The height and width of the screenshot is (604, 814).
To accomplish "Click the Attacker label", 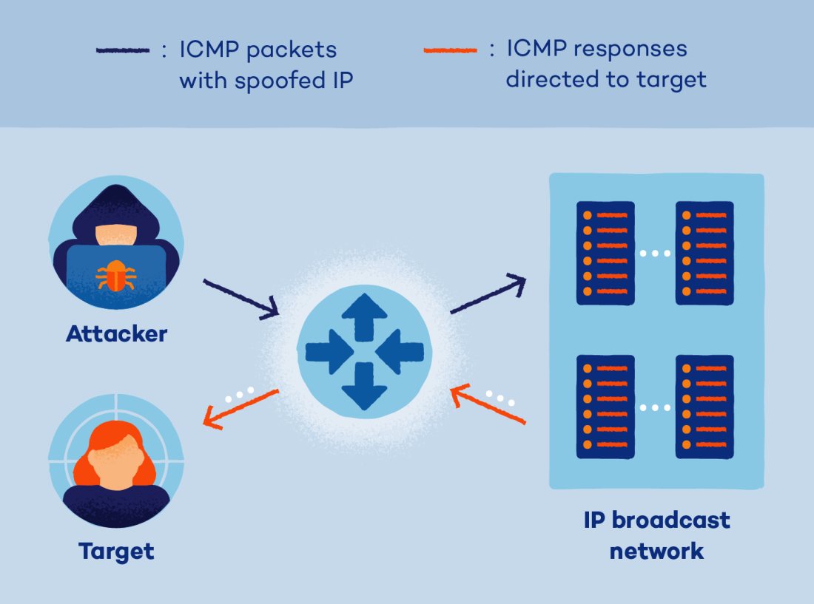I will pos(116,333).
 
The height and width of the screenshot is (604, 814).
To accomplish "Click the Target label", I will pos(116,551).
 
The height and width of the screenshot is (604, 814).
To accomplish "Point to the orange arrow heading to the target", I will pos(240,409).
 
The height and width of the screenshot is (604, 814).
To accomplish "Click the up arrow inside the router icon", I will pos(364,313).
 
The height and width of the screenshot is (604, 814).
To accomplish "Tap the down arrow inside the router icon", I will pos(364,385).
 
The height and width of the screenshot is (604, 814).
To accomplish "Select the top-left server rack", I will pos(605,254).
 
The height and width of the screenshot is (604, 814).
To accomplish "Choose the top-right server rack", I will pos(704,254).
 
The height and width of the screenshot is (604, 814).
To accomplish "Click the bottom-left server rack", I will pos(605,407).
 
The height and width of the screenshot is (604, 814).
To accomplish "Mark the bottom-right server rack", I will pos(704,407).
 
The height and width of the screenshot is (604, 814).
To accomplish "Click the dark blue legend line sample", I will pos(123,50).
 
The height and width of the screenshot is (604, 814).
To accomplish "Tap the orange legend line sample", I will pos(450,50).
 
